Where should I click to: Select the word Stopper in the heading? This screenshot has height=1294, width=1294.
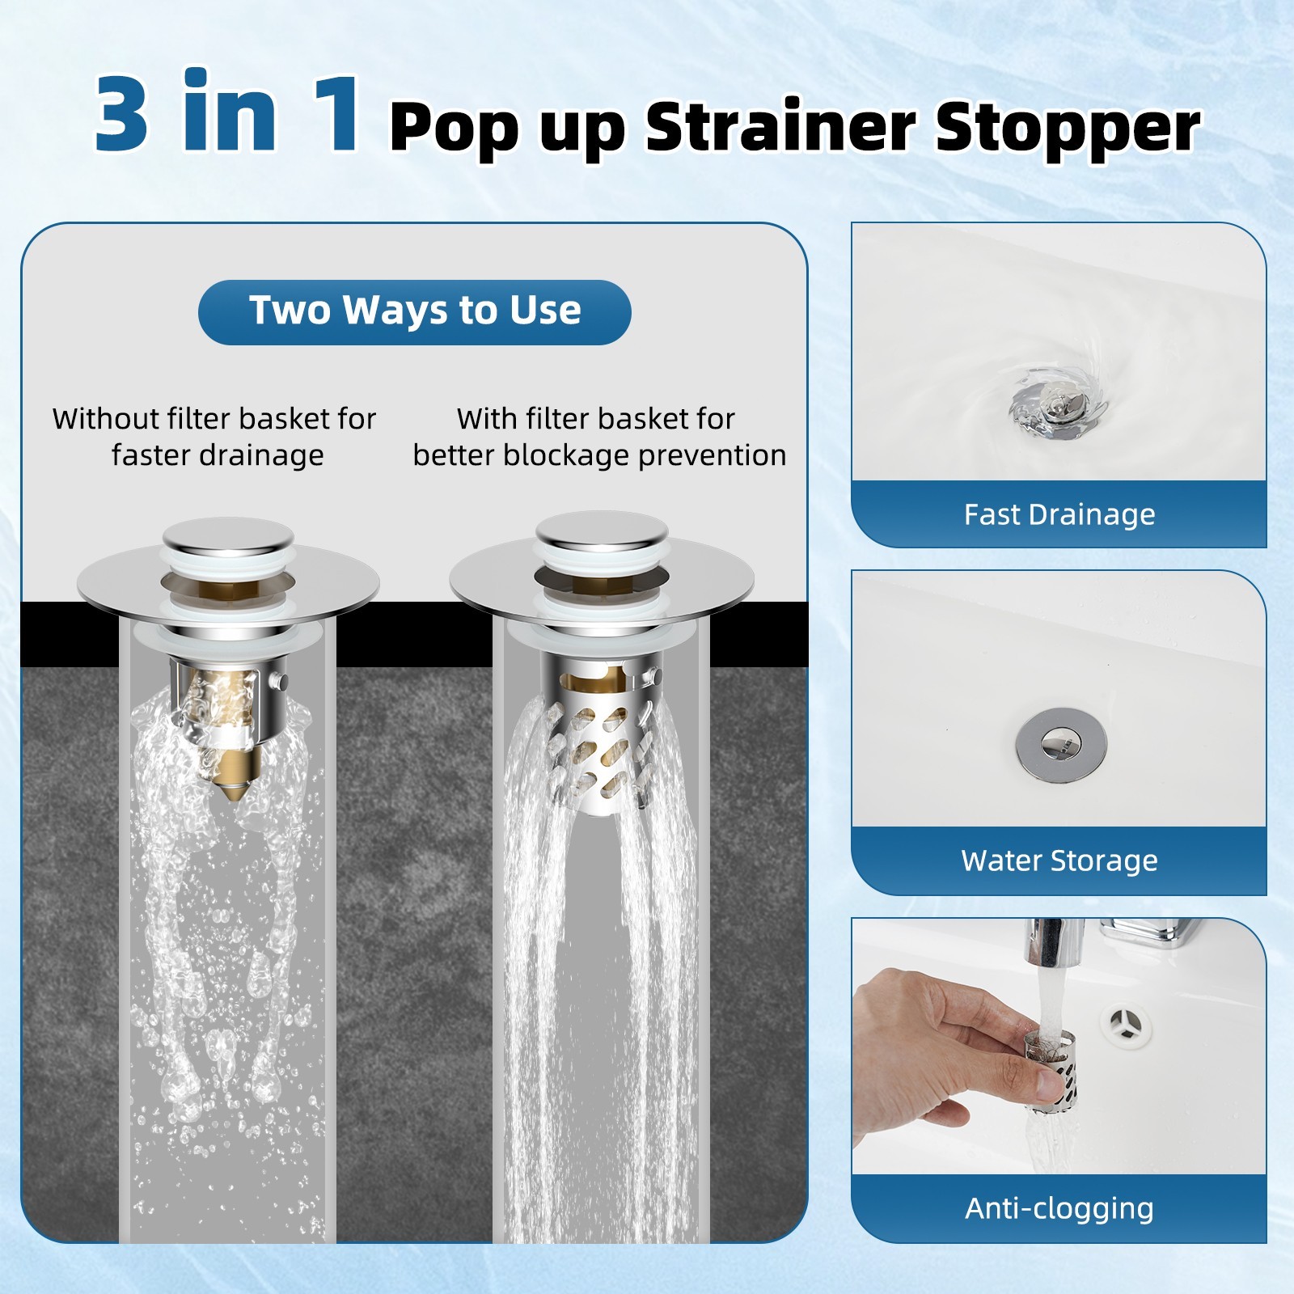(x=1068, y=128)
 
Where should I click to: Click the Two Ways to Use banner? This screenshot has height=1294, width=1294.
(x=414, y=311)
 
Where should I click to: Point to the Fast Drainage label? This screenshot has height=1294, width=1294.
(x=1059, y=514)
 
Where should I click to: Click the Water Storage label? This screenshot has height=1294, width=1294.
(x=1059, y=861)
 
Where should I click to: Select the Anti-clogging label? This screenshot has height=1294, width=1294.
(x=1059, y=1208)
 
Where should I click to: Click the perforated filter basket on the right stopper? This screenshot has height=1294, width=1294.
(x=598, y=752)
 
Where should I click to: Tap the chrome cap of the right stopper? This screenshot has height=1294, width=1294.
(x=602, y=530)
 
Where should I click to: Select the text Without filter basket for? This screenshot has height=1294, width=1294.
(x=214, y=419)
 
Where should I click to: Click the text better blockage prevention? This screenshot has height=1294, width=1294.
(x=599, y=455)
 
